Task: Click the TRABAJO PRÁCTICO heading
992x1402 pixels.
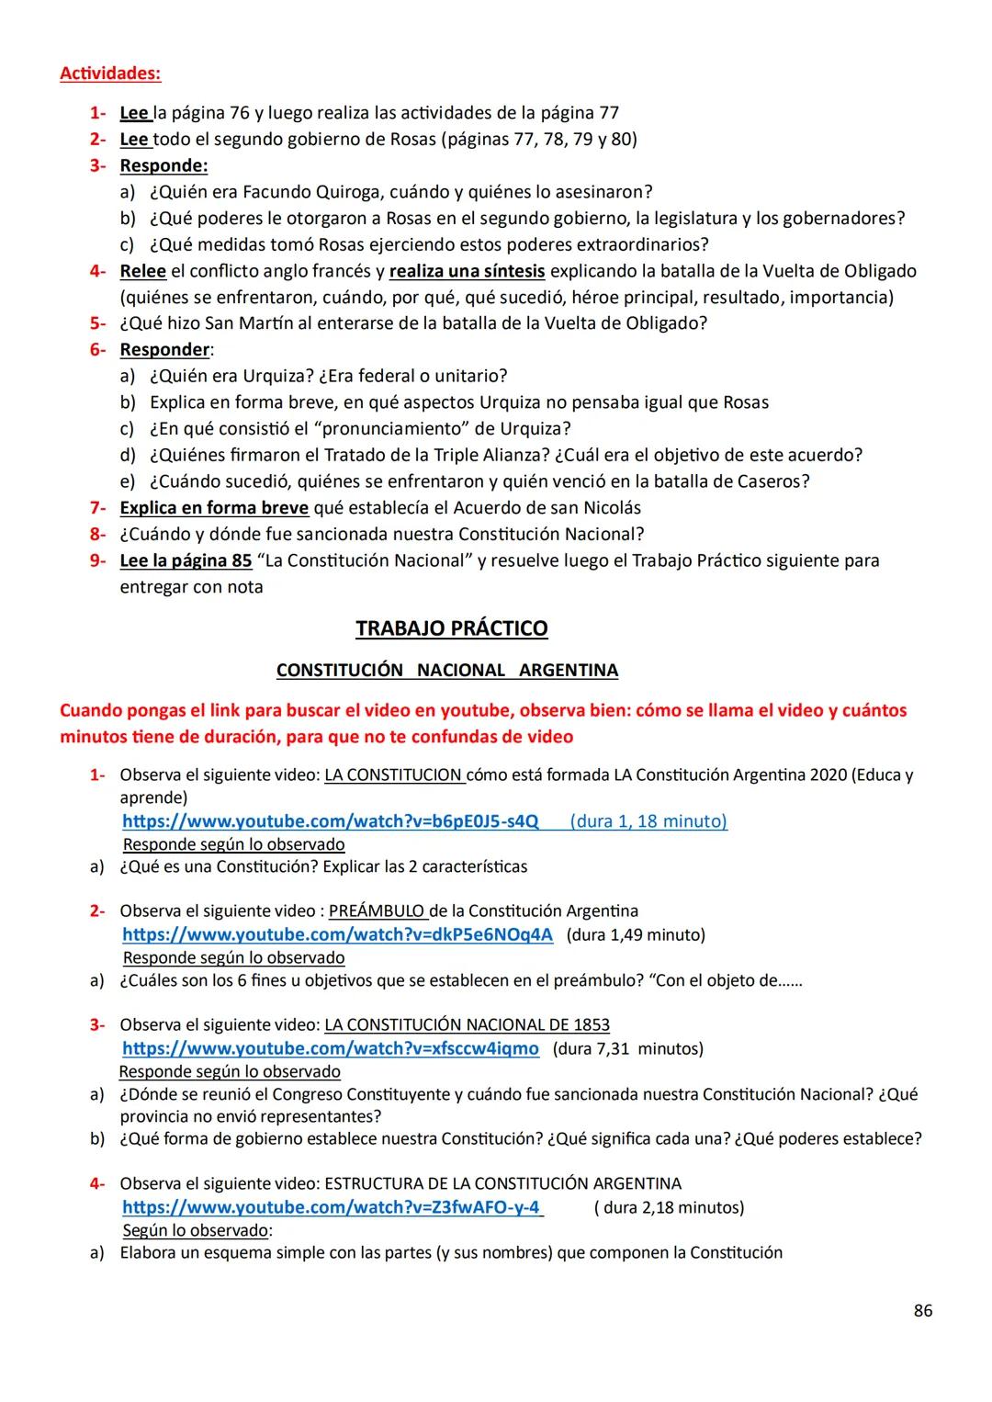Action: pyautogui.click(x=451, y=628)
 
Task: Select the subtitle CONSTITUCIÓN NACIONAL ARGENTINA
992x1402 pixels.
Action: pyautogui.click(x=446, y=671)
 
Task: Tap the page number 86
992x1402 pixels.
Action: pyautogui.click(x=923, y=1310)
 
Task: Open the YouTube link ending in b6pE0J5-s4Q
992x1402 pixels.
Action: pyautogui.click(x=331, y=821)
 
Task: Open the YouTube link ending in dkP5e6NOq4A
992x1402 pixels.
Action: pyautogui.click(x=337, y=935)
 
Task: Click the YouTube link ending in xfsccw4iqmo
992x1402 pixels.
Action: pyautogui.click(x=331, y=1049)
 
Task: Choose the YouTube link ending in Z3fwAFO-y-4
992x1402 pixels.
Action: pyautogui.click(x=331, y=1207)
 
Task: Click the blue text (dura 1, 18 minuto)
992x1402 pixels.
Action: pyautogui.click(x=648, y=821)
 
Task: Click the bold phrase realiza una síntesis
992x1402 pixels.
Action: pyautogui.click(x=467, y=271)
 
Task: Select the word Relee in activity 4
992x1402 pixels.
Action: pyautogui.click(x=142, y=271)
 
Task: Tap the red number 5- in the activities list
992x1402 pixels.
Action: pyautogui.click(x=97, y=323)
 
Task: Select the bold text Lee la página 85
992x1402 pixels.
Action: pyautogui.click(x=186, y=560)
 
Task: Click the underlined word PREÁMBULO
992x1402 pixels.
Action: pyautogui.click(x=377, y=911)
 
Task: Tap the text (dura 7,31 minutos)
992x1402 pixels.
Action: pyautogui.click(x=628, y=1049)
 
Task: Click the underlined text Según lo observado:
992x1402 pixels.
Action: pyautogui.click(x=197, y=1230)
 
